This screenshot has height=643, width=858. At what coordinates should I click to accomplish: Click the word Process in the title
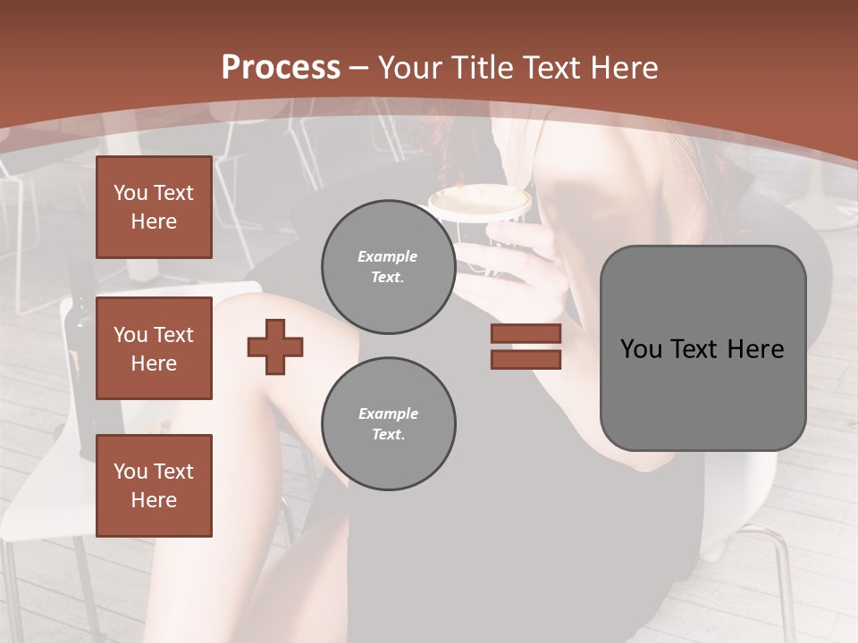[x=281, y=68]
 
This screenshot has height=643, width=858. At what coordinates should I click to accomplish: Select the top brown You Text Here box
[x=154, y=207]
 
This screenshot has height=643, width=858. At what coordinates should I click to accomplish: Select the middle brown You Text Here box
[x=154, y=348]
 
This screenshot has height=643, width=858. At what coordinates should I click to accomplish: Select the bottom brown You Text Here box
[x=154, y=486]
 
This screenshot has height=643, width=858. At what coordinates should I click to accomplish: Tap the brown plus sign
[x=275, y=347]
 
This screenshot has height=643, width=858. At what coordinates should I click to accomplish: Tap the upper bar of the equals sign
[x=526, y=333]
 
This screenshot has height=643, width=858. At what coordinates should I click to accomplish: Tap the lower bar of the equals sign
[x=526, y=360]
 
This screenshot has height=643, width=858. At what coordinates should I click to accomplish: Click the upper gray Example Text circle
[x=388, y=266]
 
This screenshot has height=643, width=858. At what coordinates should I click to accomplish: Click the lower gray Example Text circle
[x=388, y=423]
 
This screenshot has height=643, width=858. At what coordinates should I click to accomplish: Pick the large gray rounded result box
[x=702, y=348]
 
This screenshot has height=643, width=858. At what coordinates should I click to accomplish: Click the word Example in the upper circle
[x=387, y=256]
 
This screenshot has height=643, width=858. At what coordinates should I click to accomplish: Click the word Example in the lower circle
[x=388, y=413]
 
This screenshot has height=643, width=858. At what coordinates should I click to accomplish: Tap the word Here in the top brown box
[x=154, y=221]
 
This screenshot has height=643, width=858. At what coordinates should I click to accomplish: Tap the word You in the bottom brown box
[x=130, y=472]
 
